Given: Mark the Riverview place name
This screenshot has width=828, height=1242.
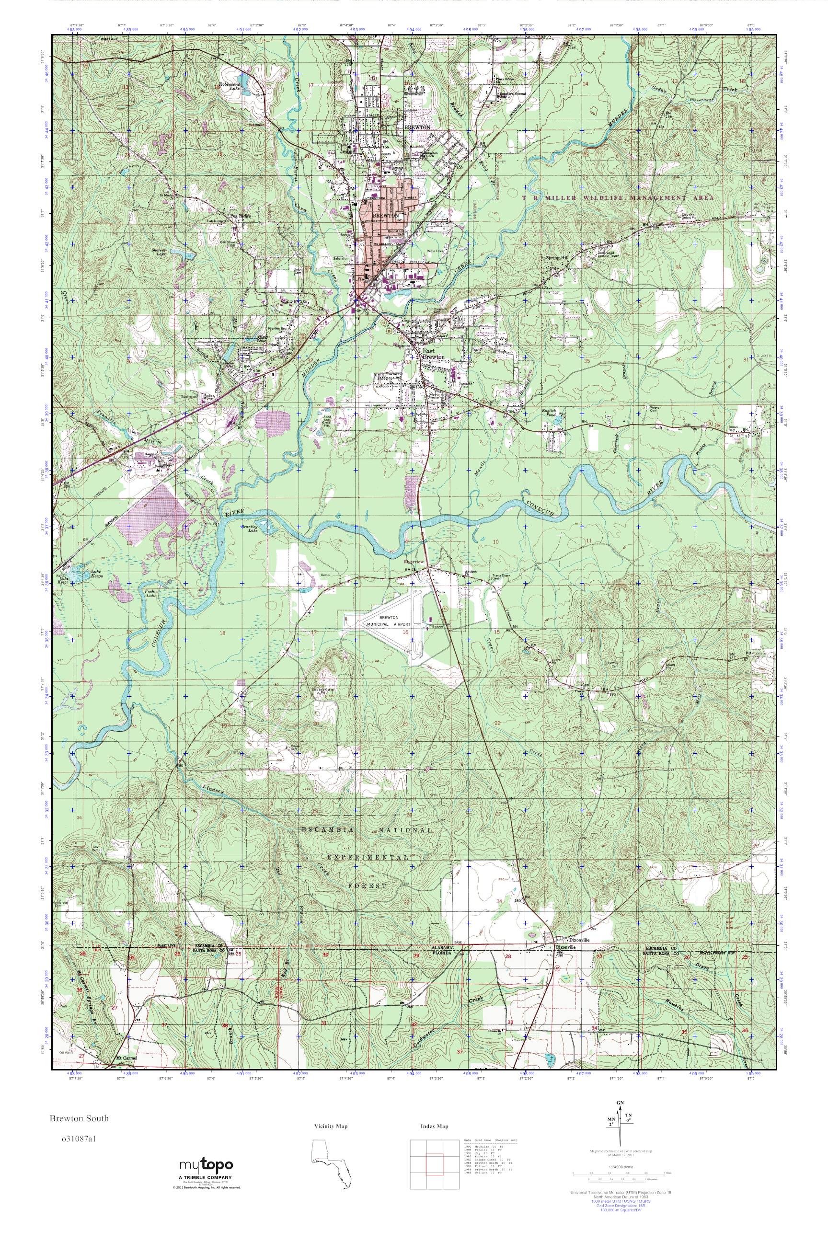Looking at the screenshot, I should pos(414,563).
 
